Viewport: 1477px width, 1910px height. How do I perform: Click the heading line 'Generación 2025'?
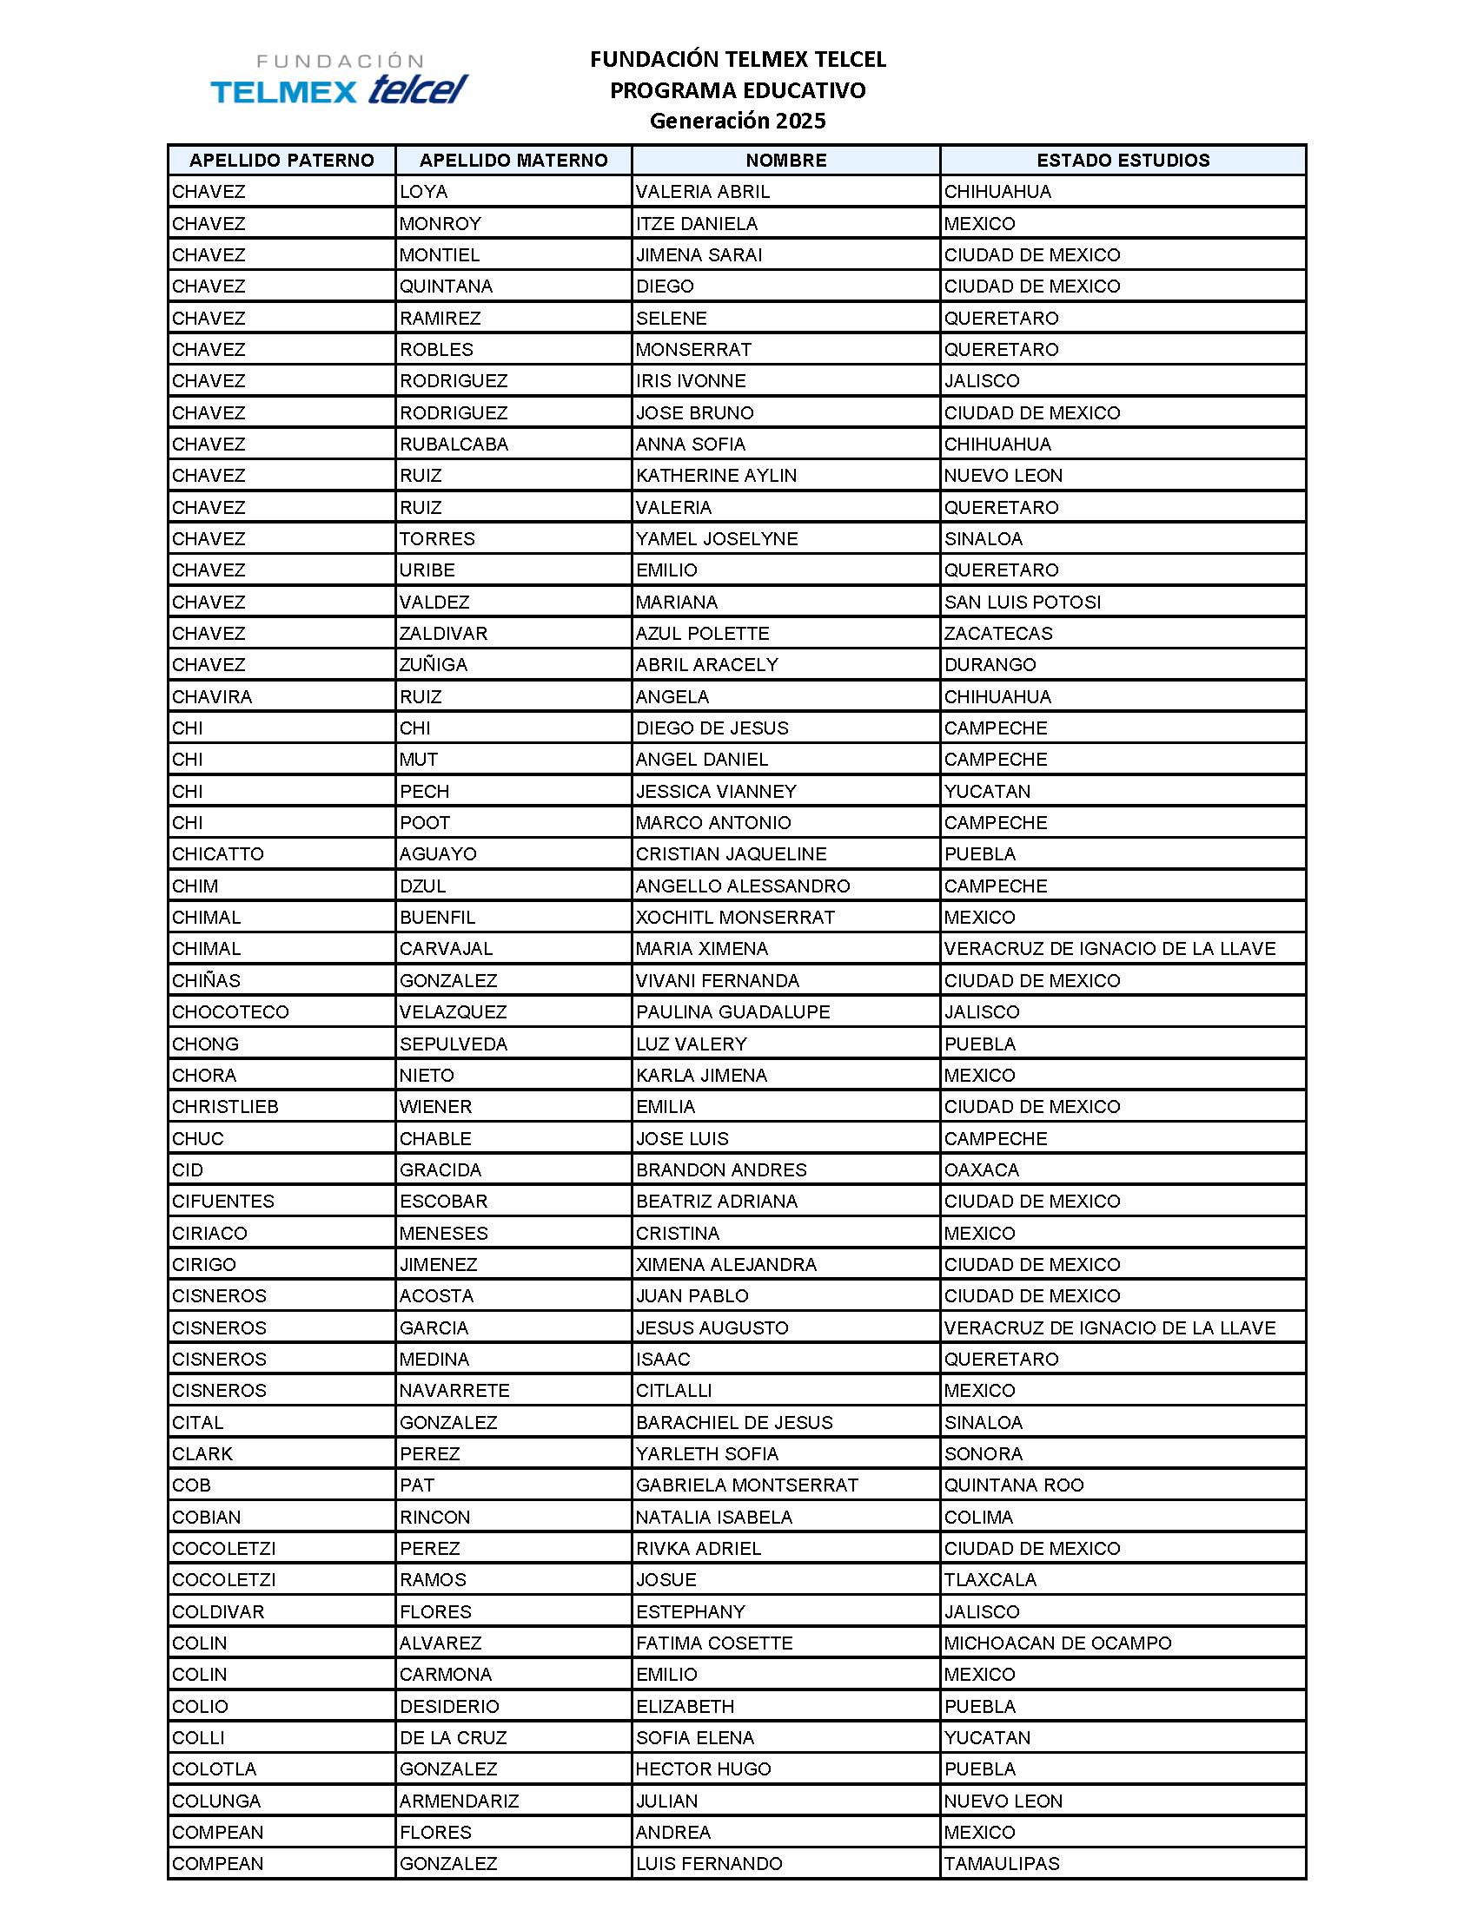tap(737, 121)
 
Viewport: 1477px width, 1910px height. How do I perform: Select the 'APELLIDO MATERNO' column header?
tap(513, 160)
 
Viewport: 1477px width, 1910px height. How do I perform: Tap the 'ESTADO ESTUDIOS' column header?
tap(1123, 160)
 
